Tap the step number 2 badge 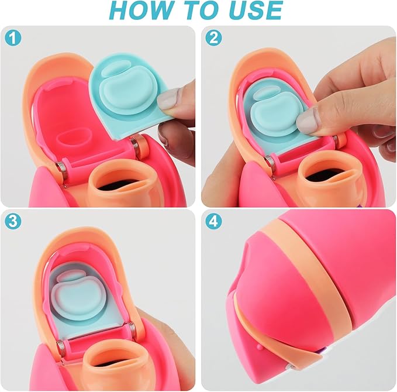pyautogui.click(x=213, y=39)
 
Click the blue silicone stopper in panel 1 pyautogui.click(x=126, y=88)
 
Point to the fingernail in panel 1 pyautogui.click(x=168, y=101)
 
